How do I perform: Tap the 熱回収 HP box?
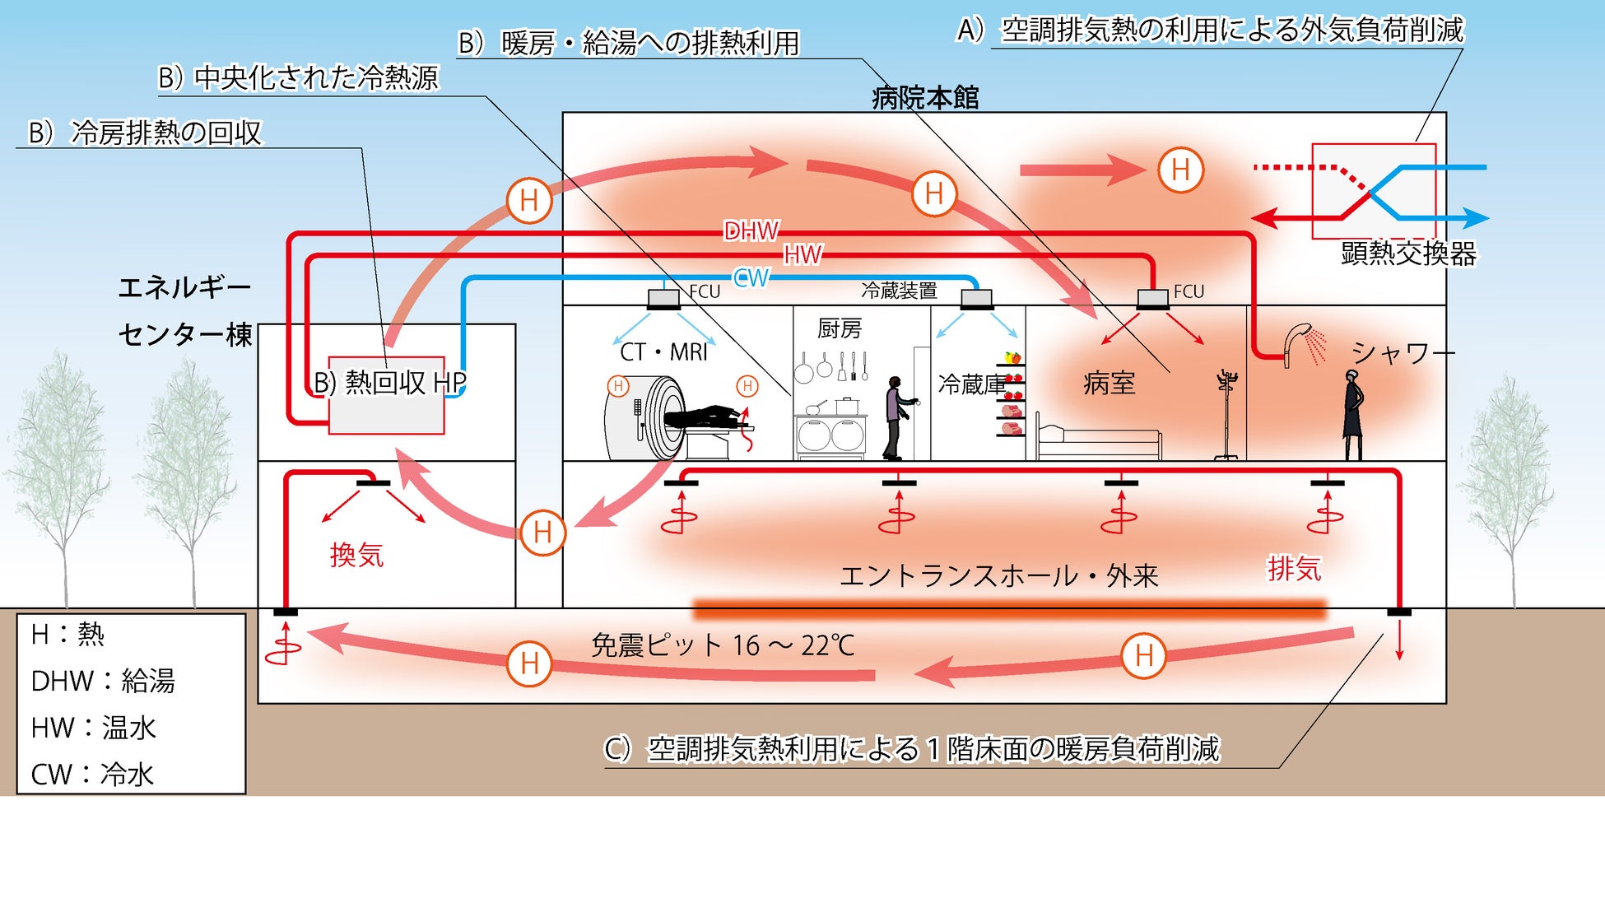click(x=387, y=395)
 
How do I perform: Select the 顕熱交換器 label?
click(x=1408, y=254)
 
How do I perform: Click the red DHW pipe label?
click(x=751, y=231)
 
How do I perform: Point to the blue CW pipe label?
click(x=751, y=278)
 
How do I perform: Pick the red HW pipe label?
click(x=802, y=255)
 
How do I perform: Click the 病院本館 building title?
click(x=925, y=99)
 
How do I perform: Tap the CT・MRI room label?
click(x=663, y=352)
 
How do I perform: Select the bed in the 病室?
click(x=1098, y=440)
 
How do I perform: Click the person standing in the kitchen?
click(x=895, y=417)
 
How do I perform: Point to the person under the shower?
click(x=1352, y=414)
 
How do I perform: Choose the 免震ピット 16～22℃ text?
click(x=723, y=645)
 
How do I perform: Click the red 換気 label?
click(x=356, y=556)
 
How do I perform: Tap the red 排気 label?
click(x=1294, y=569)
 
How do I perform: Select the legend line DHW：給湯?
click(x=103, y=682)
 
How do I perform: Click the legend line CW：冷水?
click(x=92, y=775)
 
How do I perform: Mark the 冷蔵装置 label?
click(x=899, y=291)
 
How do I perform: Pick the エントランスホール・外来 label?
click(x=998, y=576)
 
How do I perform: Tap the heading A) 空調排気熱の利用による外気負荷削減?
click(x=1210, y=30)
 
